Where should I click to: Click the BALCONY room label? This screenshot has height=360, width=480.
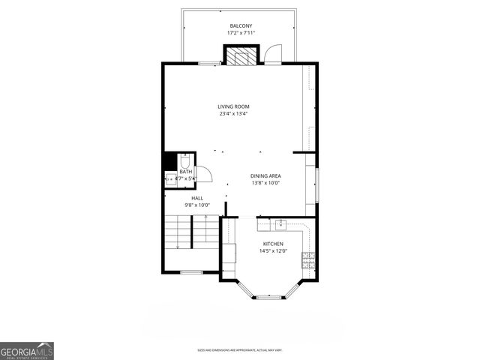tap(241, 25)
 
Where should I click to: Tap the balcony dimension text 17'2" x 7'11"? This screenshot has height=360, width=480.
tap(241, 33)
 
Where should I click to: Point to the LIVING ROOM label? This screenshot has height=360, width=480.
tap(234, 106)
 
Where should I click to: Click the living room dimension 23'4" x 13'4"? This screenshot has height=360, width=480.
tap(234, 114)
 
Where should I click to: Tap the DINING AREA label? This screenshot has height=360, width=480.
tap(265, 175)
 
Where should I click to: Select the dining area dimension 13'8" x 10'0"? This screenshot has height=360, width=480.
tap(265, 183)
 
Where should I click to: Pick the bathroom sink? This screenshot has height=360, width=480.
tap(171, 178)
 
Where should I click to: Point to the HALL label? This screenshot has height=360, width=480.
tap(196, 198)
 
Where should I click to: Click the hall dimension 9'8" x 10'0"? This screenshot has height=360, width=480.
tap(196, 205)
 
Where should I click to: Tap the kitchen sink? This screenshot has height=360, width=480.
tap(281, 223)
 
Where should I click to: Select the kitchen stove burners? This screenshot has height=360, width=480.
tap(307, 259)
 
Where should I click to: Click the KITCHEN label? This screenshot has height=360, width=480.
tap(273, 244)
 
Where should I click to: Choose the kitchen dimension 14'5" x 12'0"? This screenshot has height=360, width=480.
tap(273, 252)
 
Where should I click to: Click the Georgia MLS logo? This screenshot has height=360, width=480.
tap(27, 350)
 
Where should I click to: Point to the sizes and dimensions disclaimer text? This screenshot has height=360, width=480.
tap(240, 349)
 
